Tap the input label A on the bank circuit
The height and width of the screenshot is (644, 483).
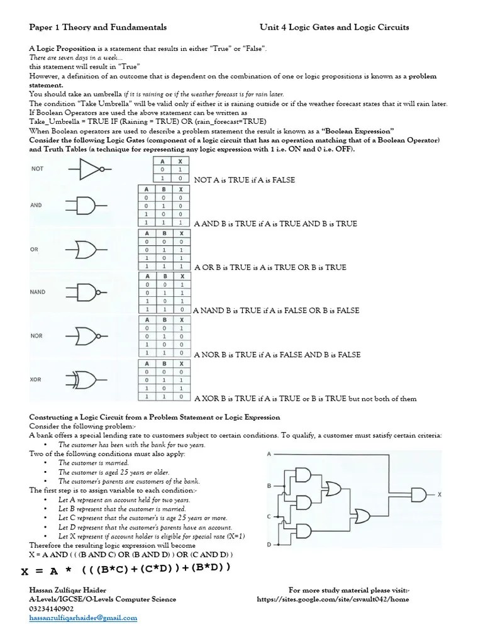click(x=269, y=453)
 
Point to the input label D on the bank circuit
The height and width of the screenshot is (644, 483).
click(x=269, y=544)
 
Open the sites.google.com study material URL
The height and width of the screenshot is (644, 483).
click(x=333, y=599)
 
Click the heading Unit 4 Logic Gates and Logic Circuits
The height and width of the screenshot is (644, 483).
click(x=335, y=27)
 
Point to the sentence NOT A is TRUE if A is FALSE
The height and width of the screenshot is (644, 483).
click(x=245, y=180)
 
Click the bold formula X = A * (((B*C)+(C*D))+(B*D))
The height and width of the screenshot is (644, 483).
click(x=126, y=570)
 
